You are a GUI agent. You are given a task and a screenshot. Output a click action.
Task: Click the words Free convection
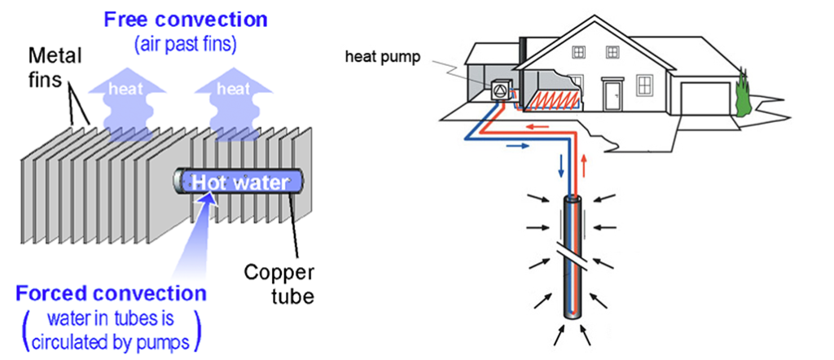click(185, 20)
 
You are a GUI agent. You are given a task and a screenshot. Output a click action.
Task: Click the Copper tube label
click(279, 283)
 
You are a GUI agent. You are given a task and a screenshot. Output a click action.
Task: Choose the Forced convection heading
click(110, 293)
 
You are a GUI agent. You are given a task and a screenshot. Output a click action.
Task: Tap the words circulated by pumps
click(110, 342)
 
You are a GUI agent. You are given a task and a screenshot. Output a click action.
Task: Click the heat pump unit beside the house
click(500, 90)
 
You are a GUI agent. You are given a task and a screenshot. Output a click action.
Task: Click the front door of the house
click(614, 94)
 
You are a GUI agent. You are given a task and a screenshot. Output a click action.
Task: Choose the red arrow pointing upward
click(585, 165)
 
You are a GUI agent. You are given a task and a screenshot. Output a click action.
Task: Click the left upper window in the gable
click(577, 51)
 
